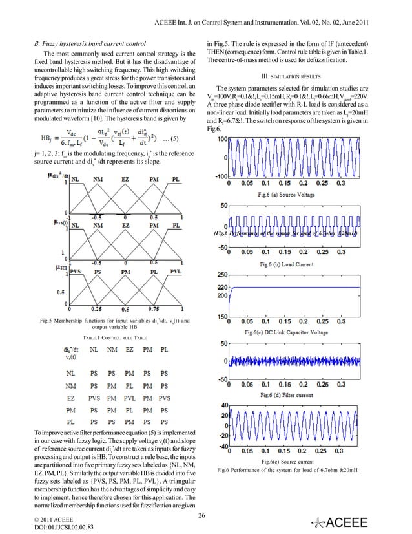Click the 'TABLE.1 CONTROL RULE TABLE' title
point(105,338)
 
